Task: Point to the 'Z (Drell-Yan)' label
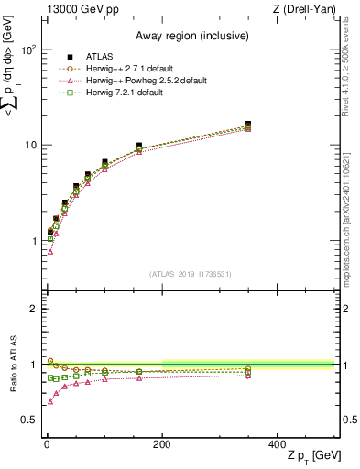[308, 9]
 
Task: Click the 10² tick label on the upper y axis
[27, 49]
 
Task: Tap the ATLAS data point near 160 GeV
[138, 146]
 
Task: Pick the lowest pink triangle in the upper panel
[50, 251]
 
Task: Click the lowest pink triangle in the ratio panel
[50, 401]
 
